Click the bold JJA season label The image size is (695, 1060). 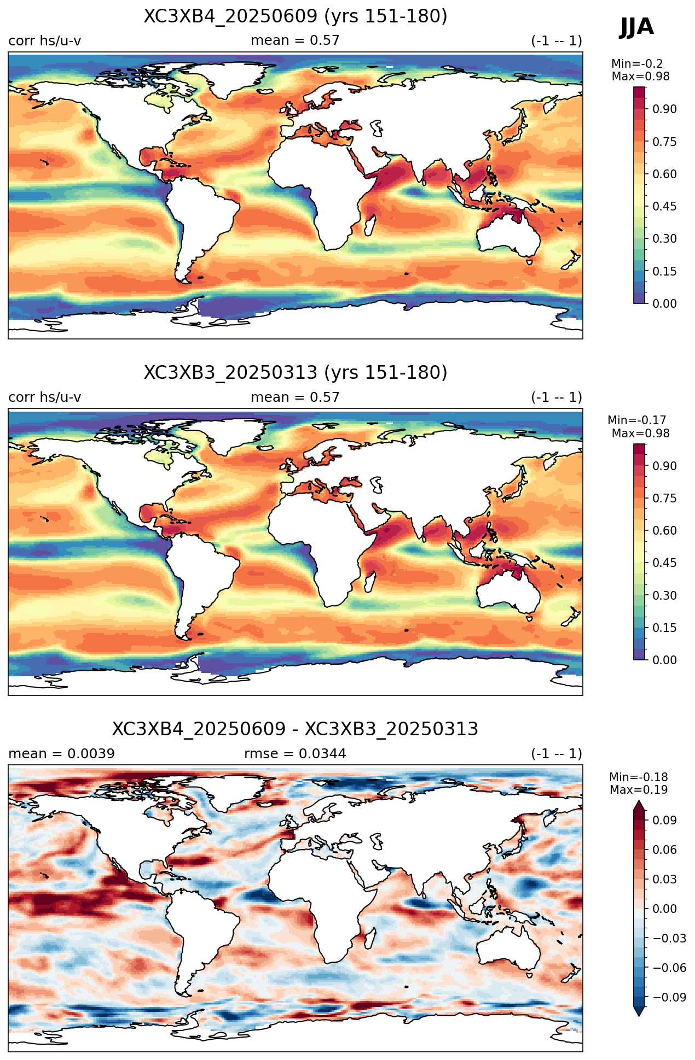[636, 27]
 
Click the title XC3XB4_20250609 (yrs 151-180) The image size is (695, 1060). [296, 16]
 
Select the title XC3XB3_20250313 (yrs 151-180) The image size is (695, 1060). [296, 373]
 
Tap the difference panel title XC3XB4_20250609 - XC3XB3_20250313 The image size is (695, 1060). [296, 729]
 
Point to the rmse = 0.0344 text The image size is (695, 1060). [296, 754]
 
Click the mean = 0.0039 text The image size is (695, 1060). [61, 754]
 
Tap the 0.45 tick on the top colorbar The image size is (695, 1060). [664, 206]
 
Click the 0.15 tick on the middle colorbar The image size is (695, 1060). [664, 628]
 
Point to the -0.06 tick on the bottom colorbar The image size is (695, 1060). [669, 968]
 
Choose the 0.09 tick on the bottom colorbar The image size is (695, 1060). [664, 820]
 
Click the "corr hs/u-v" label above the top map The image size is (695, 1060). [45, 41]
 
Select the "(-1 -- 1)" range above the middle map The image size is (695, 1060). [557, 397]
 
